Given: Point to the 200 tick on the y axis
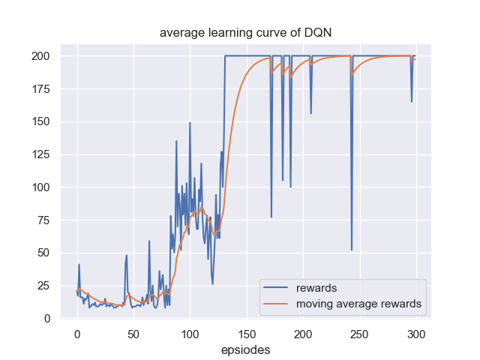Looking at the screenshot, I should [43, 56].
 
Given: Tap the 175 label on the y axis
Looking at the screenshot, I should [43, 89].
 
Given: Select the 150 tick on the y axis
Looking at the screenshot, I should [43, 121].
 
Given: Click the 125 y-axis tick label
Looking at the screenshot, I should [43, 154].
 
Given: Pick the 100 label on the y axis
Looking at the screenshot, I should [43, 187].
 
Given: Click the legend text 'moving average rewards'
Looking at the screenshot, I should [358, 304].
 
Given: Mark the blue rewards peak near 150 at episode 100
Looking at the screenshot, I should [190, 122].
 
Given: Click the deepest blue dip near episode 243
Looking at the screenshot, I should [352, 250].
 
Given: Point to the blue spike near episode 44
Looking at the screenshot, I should [127, 255].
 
